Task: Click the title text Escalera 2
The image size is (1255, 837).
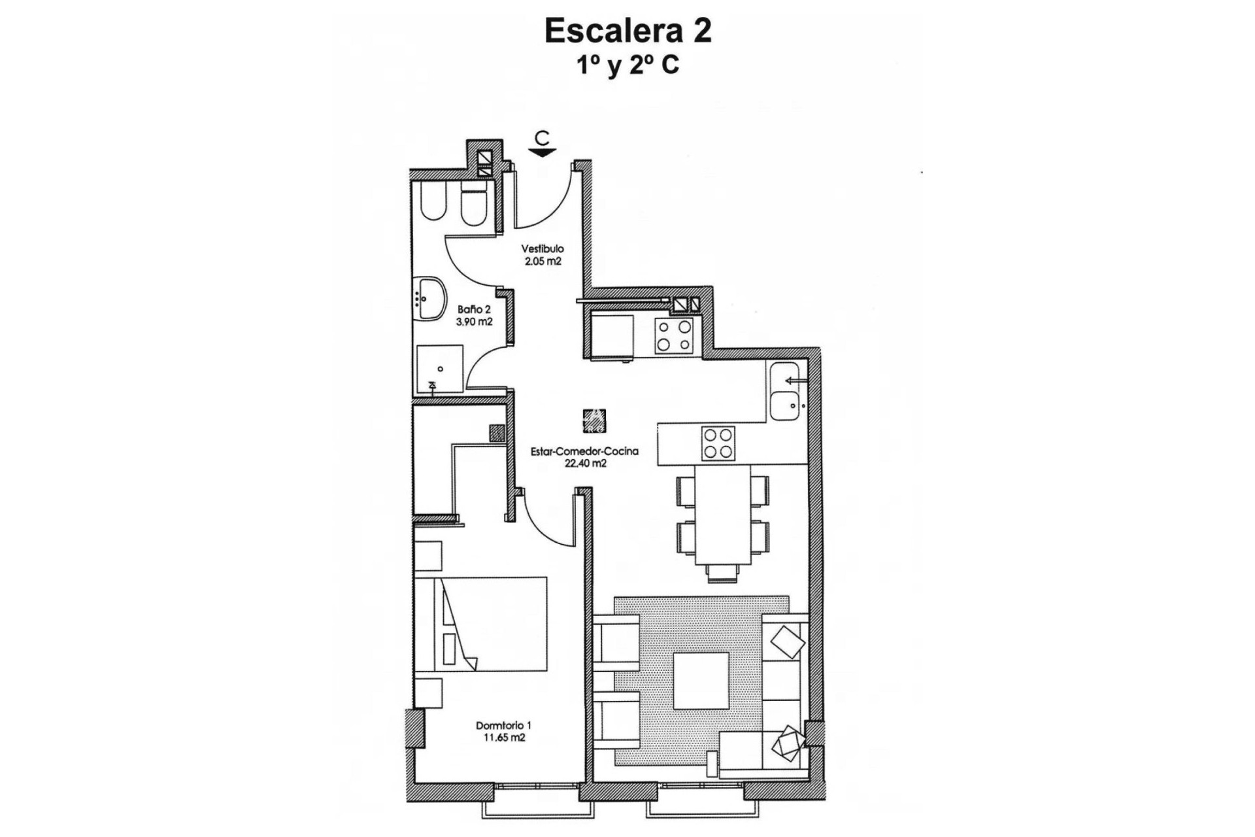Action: coord(627,31)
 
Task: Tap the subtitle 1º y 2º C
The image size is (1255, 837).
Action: coord(627,66)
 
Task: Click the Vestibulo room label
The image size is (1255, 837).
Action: coord(542,248)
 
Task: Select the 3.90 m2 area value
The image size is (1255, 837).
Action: coord(475,322)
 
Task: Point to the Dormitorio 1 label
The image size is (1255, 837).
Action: coord(503,725)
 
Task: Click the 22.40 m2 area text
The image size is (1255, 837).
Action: coord(585,464)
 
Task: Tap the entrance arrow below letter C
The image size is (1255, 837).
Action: coord(542,153)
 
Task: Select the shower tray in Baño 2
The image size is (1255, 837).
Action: coord(440,369)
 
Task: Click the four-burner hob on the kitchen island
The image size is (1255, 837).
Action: coord(718,443)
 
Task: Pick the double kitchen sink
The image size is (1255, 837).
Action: coord(784,390)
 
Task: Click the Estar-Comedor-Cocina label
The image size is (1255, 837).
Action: coord(585,451)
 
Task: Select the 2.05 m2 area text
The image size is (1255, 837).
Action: coord(542,261)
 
